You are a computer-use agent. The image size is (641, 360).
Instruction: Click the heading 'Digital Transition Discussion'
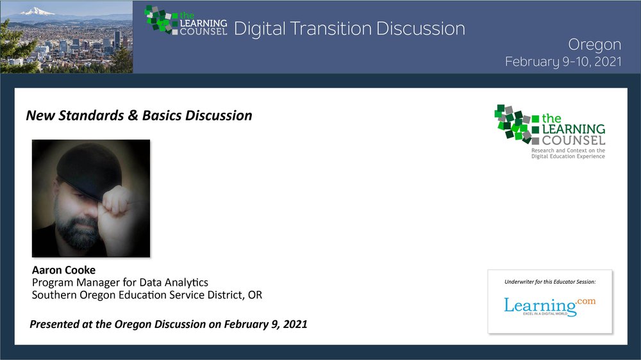click(x=349, y=29)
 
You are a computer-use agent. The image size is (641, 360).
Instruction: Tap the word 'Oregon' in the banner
click(x=594, y=45)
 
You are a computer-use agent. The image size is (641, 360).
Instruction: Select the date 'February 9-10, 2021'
click(x=563, y=61)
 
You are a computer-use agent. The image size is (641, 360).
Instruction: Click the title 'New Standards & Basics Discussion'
click(x=139, y=116)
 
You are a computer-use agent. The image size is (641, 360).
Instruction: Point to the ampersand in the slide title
click(x=133, y=116)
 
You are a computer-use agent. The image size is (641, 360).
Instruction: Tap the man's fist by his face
click(x=117, y=200)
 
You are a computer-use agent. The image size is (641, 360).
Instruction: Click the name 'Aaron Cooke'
click(x=63, y=270)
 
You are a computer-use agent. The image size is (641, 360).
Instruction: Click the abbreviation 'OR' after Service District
click(x=255, y=295)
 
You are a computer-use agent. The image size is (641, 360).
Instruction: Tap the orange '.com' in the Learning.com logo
click(x=586, y=301)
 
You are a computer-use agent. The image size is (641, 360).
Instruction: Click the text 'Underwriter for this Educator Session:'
click(x=550, y=282)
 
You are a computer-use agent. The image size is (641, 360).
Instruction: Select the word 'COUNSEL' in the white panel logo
click(x=574, y=140)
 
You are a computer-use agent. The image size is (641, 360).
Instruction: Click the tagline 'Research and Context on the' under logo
click(x=568, y=151)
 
